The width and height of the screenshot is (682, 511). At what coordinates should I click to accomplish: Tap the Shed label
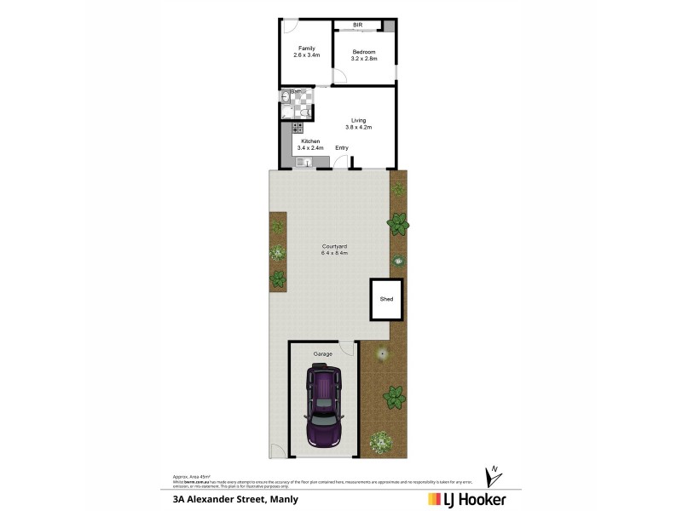click(x=386, y=300)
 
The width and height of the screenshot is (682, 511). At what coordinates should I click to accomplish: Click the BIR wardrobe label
click(x=358, y=26)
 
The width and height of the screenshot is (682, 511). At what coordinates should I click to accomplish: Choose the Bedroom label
click(x=364, y=52)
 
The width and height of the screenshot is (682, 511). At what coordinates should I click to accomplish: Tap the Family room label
click(x=306, y=48)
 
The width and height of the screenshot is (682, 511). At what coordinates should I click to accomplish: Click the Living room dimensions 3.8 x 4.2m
click(x=358, y=127)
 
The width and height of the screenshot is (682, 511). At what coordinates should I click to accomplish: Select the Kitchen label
click(x=310, y=141)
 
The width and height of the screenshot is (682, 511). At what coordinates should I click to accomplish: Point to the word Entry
click(x=342, y=148)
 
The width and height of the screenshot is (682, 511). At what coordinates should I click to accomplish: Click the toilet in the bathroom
click(x=305, y=111)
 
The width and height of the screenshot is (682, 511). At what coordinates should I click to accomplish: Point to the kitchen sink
click(x=302, y=161)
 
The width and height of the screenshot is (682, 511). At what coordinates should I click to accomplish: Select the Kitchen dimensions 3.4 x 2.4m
click(x=310, y=147)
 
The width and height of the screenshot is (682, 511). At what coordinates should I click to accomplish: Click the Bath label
click(x=295, y=91)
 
